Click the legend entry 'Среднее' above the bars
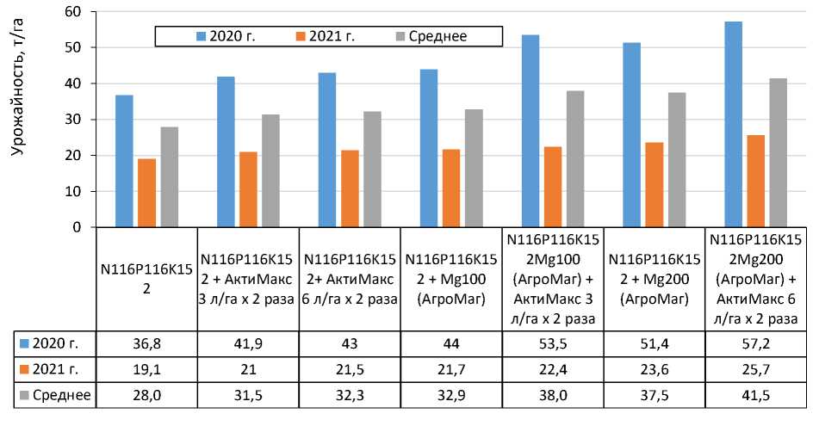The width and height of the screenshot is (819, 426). click(x=438, y=36)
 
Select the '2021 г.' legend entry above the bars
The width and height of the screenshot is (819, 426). click(x=329, y=36)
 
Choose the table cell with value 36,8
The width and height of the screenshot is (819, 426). click(x=147, y=343)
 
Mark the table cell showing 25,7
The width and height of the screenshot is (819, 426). click(x=754, y=369)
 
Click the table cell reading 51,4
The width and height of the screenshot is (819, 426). click(x=654, y=343)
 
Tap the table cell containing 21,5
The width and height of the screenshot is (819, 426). click(x=350, y=369)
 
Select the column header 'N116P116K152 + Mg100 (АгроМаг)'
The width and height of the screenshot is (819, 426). click(x=451, y=277)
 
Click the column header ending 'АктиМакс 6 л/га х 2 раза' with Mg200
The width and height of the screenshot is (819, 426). click(x=754, y=277)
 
